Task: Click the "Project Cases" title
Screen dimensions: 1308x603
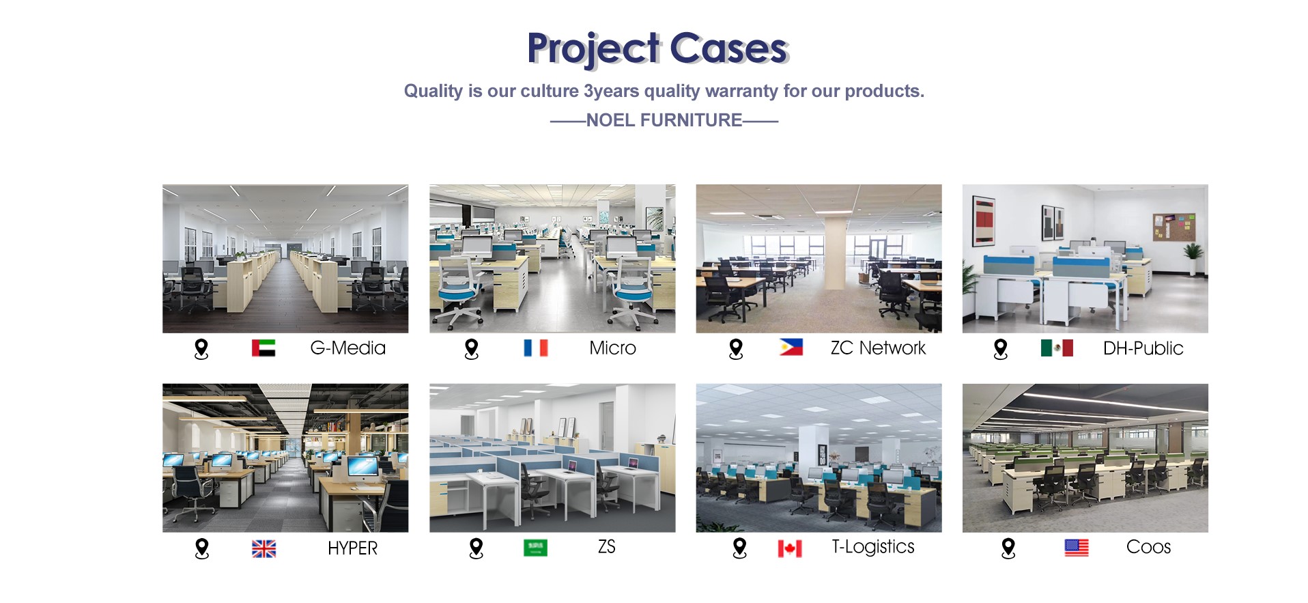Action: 657,48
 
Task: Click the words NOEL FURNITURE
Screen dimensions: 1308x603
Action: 664,120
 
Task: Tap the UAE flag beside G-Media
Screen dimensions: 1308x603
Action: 264,348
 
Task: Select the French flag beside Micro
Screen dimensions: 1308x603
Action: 536,348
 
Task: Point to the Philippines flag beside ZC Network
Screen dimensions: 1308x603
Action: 791,348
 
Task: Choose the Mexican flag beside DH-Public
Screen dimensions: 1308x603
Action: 1057,348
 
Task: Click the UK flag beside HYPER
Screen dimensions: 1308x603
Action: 264,548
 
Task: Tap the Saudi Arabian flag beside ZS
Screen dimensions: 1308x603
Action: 535,548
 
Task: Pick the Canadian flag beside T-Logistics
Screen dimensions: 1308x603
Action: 790,548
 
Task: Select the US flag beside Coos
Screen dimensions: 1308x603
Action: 1077,548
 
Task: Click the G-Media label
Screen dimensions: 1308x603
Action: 347,348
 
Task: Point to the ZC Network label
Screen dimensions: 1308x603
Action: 878,348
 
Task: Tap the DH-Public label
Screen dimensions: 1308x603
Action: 1143,348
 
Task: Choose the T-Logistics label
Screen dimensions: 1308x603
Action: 872,547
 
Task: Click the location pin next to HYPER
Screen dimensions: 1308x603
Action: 201,549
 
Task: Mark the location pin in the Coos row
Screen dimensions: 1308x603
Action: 1008,548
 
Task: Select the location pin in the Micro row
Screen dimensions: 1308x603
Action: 471,349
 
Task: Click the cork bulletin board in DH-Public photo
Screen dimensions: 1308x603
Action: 1174,227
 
